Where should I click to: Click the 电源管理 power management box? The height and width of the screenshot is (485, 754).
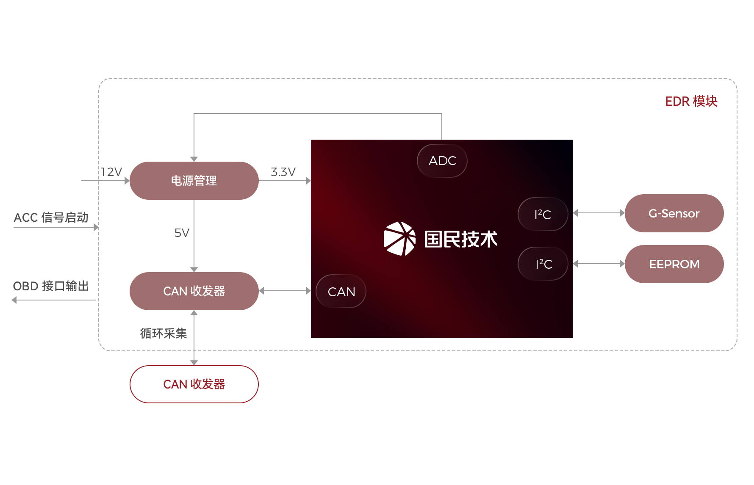194,180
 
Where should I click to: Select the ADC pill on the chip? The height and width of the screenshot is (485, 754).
442,161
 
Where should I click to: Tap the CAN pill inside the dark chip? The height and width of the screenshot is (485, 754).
341,291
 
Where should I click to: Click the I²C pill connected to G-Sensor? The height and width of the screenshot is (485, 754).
543,214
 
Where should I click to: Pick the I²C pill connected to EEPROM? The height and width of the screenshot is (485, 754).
543,264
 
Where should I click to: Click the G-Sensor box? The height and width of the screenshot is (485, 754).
674,213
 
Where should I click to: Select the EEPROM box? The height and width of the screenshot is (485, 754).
674,264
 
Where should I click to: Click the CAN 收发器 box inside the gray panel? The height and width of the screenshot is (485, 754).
194,291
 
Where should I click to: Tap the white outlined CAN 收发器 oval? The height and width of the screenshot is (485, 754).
194,384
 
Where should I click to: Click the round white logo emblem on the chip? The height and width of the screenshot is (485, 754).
399,239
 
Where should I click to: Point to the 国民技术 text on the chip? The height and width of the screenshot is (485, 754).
460,239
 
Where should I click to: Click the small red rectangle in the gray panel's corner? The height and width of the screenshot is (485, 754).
691,101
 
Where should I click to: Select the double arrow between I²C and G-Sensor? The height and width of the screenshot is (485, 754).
598,213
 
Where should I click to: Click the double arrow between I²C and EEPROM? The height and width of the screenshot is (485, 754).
598,264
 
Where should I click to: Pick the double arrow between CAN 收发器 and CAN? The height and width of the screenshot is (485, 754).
285,291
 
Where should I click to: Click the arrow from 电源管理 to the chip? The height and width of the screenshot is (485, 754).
285,181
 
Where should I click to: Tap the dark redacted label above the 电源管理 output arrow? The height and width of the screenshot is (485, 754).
283,171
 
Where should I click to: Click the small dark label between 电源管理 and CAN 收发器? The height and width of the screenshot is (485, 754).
182,232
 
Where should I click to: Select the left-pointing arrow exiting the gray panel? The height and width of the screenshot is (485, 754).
54,300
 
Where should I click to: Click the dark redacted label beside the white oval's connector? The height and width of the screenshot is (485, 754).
163,333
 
